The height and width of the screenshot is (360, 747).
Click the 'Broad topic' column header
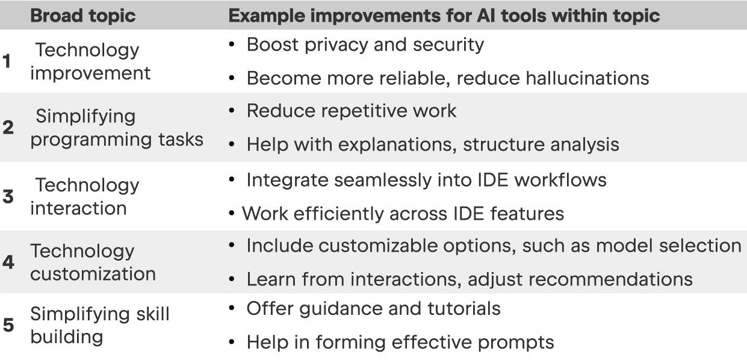82,16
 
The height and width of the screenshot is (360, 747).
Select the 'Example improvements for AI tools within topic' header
444,16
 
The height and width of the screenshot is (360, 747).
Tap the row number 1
7,61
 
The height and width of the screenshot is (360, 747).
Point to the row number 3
8,196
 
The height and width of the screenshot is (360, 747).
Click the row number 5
8,325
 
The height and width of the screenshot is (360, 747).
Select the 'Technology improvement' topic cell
90,61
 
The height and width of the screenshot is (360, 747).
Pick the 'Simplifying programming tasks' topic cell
117,128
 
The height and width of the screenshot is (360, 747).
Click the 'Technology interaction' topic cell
85,196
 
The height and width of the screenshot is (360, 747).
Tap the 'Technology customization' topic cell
93,262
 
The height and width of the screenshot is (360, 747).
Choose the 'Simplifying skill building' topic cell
100,325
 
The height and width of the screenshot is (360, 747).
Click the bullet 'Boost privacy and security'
365,45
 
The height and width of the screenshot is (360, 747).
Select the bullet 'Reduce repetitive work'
352,111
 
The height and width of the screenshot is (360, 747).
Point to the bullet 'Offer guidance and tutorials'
373,309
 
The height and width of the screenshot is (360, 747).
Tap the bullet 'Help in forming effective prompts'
400,343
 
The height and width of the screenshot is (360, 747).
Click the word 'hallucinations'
587,78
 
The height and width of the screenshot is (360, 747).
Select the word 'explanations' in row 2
397,145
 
